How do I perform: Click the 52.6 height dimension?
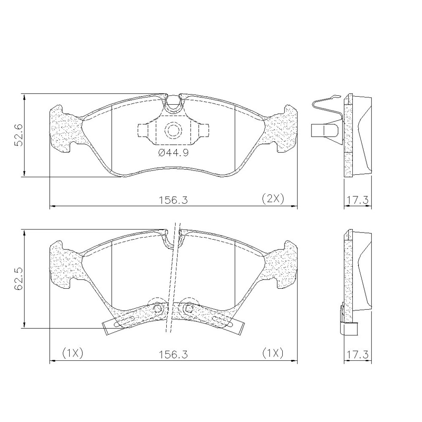pyautogui.click(x=19, y=135)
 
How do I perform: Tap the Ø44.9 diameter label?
pyautogui.click(x=173, y=153)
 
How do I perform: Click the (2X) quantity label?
pyautogui.click(x=273, y=199)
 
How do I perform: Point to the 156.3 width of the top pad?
pyautogui.click(x=173, y=200)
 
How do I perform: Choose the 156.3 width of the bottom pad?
pyautogui.click(x=173, y=354)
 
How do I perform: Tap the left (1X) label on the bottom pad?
pyautogui.click(x=73, y=353)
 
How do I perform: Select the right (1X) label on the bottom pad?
pyautogui.click(x=273, y=353)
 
